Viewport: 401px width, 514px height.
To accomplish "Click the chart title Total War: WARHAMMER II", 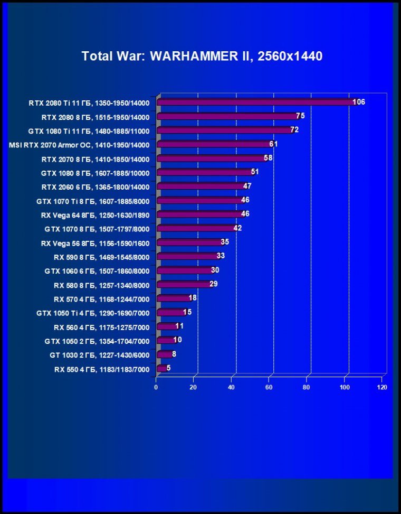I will pyautogui.click(x=202, y=56).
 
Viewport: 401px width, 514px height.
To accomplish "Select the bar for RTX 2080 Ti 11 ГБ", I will pyautogui.click(x=256, y=102).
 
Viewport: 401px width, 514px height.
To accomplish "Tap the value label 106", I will pyautogui.click(x=359, y=102).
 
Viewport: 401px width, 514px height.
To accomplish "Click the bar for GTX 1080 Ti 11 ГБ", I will pyautogui.click(x=224, y=130).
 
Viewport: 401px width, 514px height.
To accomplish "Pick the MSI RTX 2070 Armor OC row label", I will pyautogui.click(x=80, y=145).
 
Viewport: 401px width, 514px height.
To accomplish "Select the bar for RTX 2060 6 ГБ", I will pyautogui.click(x=200, y=186).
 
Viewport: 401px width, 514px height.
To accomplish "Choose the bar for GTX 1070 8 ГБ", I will pyautogui.click(x=196, y=228).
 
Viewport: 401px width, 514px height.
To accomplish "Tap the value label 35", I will pyautogui.click(x=225, y=242).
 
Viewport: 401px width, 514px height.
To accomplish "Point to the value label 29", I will pyautogui.click(x=214, y=284).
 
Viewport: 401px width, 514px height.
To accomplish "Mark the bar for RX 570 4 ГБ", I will pyautogui.click(x=173, y=298).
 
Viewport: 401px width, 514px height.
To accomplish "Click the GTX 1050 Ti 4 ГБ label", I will pyautogui.click(x=93, y=313).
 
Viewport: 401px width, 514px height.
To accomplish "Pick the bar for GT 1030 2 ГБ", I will pyautogui.click(x=164, y=354).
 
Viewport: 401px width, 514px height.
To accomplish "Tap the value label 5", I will pyautogui.click(x=168, y=368).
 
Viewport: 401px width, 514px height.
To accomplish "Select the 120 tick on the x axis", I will pyautogui.click(x=382, y=387).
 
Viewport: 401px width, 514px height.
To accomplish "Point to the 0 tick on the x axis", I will pyautogui.click(x=156, y=387).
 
